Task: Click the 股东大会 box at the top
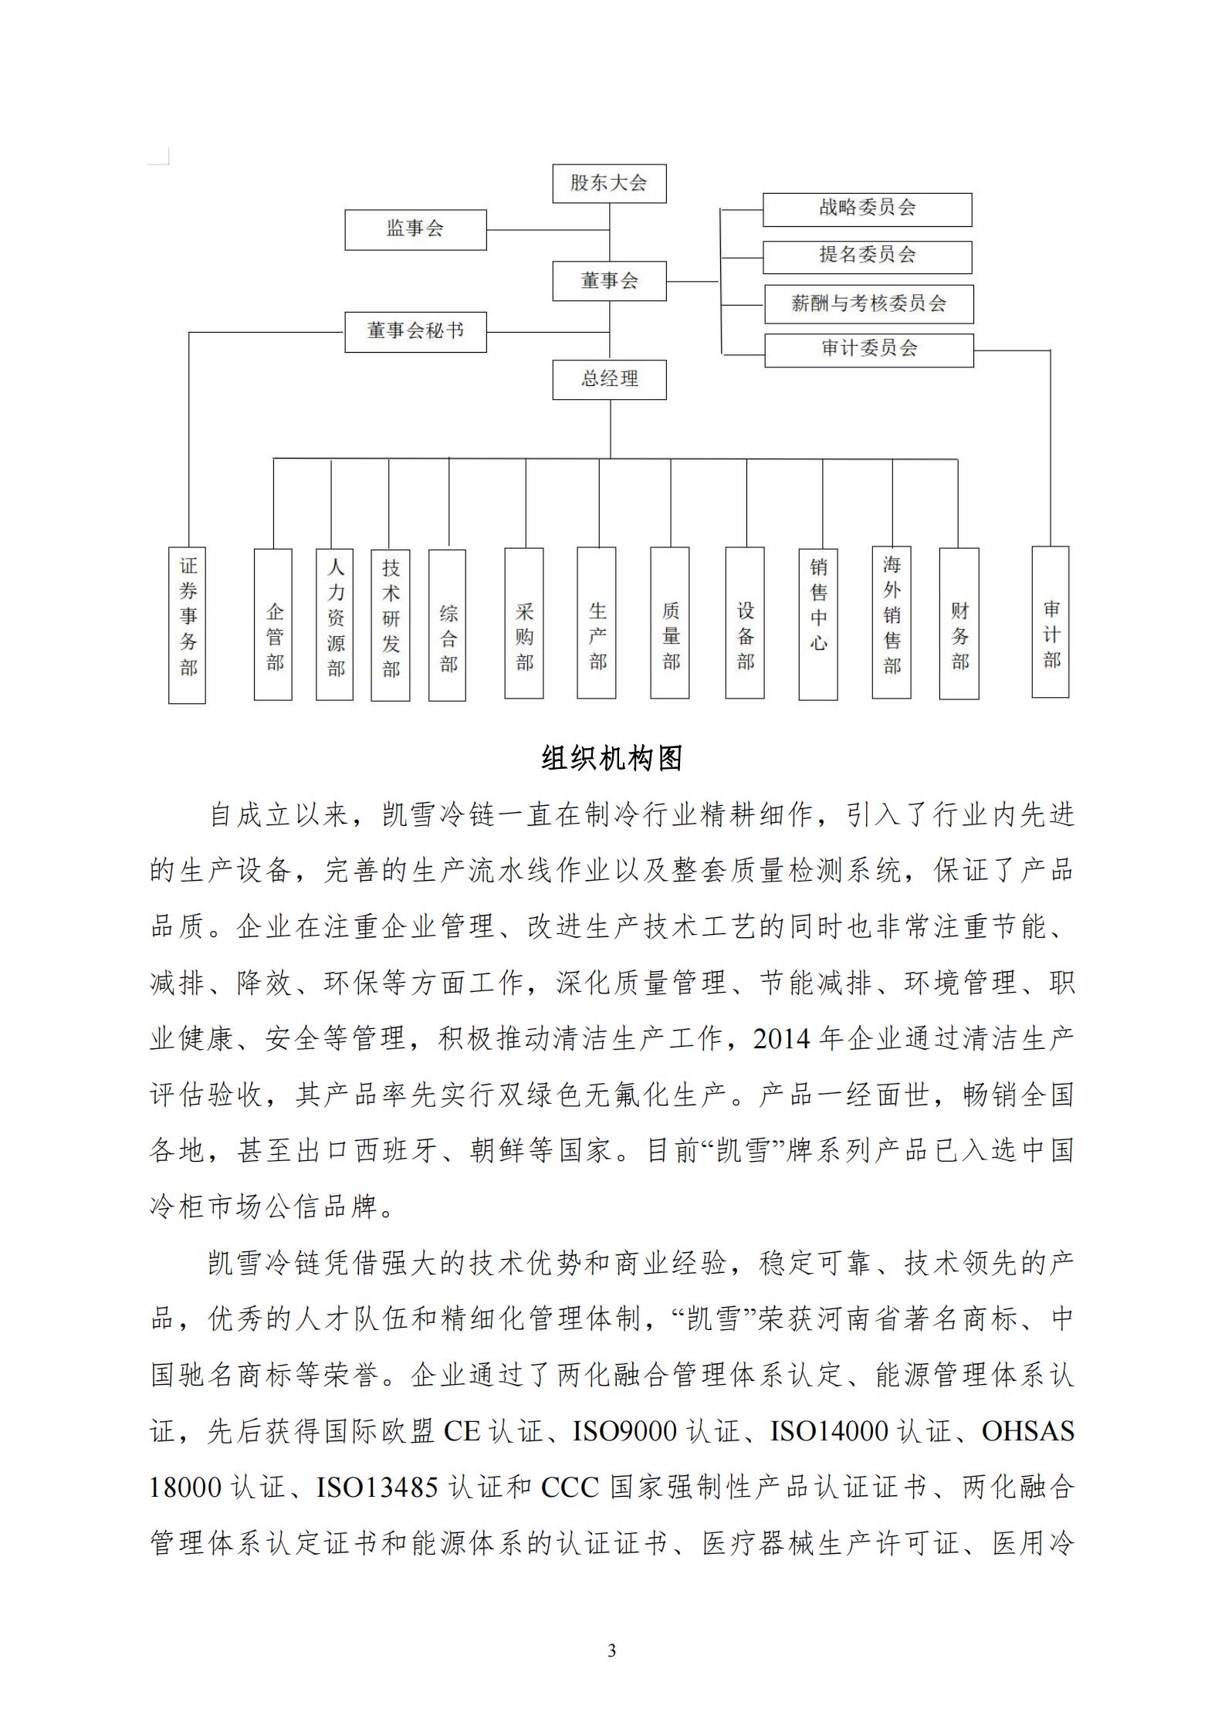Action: pyautogui.click(x=609, y=184)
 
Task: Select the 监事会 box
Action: pyautogui.click(x=415, y=229)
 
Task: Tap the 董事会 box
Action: pyautogui.click(x=609, y=281)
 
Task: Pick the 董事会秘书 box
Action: pyautogui.click(x=415, y=332)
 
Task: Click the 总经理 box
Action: pyautogui.click(x=609, y=379)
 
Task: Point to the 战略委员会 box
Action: pyautogui.click(x=867, y=209)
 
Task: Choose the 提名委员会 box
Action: pyautogui.click(x=867, y=257)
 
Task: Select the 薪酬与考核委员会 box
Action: pyautogui.click(x=868, y=304)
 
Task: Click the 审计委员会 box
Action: pyautogui.click(x=868, y=350)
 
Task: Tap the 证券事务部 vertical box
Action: pyautogui.click(x=188, y=624)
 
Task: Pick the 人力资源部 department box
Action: pyautogui.click(x=335, y=624)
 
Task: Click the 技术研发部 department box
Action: pyautogui.click(x=391, y=624)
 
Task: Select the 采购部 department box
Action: pyautogui.click(x=524, y=623)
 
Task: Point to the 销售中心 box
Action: pyautogui.click(x=818, y=623)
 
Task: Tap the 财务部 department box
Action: pyautogui.click(x=959, y=623)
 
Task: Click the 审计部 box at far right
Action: pyautogui.click(x=1051, y=621)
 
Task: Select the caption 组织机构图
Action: pyautogui.click(x=612, y=759)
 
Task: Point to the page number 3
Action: pyautogui.click(x=612, y=1651)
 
